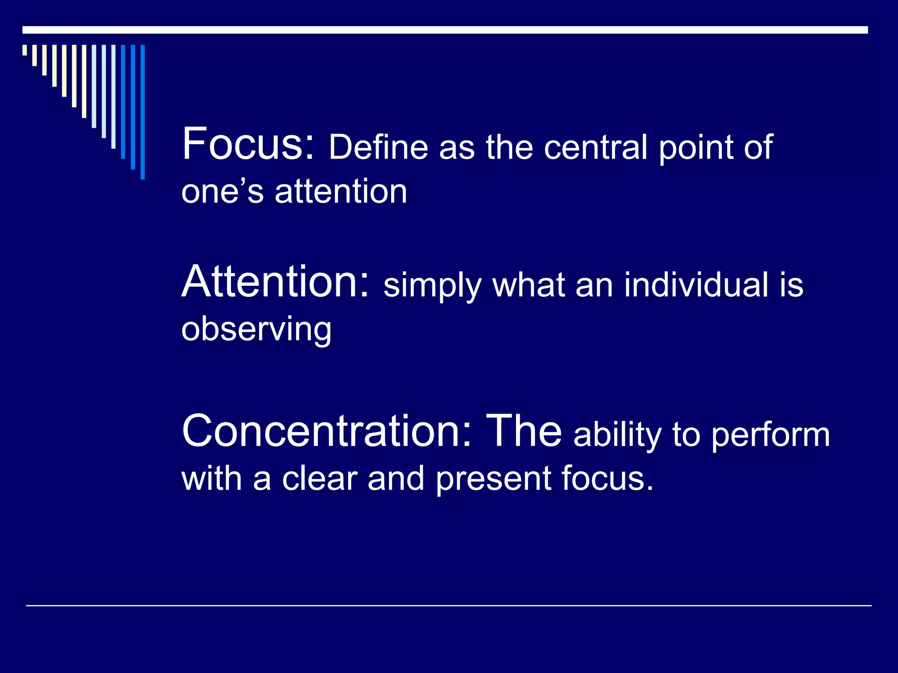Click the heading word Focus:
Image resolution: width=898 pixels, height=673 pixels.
click(x=248, y=145)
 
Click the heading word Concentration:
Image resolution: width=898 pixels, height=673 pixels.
click(x=327, y=431)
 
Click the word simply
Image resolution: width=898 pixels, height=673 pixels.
click(x=432, y=286)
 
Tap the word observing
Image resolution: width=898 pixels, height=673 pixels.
click(x=257, y=329)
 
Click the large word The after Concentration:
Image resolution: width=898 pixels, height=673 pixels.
click(x=524, y=431)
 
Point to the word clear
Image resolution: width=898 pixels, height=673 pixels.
click(x=319, y=478)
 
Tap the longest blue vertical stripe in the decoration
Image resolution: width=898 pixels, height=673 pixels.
click(x=143, y=112)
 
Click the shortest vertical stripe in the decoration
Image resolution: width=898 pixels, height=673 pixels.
click(x=25, y=50)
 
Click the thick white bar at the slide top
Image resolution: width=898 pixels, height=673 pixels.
click(x=445, y=30)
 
